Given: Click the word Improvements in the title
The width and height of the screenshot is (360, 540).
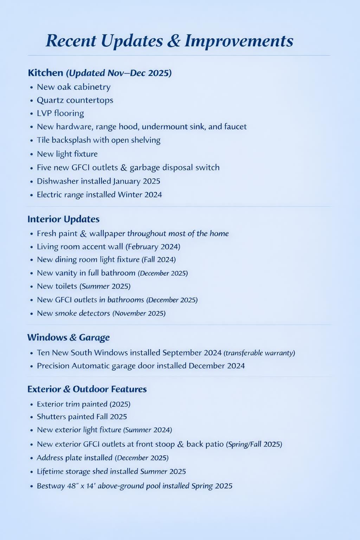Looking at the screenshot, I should (x=239, y=41).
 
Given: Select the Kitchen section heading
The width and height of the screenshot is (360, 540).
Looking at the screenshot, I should (x=45, y=73).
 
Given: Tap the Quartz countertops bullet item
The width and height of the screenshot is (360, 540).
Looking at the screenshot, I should (x=75, y=100).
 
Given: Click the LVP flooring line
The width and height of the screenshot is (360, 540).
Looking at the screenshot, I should (x=60, y=114).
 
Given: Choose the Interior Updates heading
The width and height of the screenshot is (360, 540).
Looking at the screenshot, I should (x=63, y=219).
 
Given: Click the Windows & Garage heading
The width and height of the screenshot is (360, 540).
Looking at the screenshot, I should (x=68, y=337).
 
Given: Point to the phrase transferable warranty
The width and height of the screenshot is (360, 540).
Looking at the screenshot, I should (x=259, y=353).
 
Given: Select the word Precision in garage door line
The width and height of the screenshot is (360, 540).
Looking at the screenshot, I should (x=53, y=366).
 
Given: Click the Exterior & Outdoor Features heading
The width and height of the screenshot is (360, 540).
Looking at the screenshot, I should (x=87, y=389).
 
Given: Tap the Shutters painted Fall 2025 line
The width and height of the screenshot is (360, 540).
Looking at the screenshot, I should (x=82, y=417).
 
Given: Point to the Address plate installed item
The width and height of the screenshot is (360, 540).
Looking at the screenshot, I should (x=74, y=458).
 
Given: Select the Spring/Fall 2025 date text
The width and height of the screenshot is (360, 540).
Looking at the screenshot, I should (x=254, y=444).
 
